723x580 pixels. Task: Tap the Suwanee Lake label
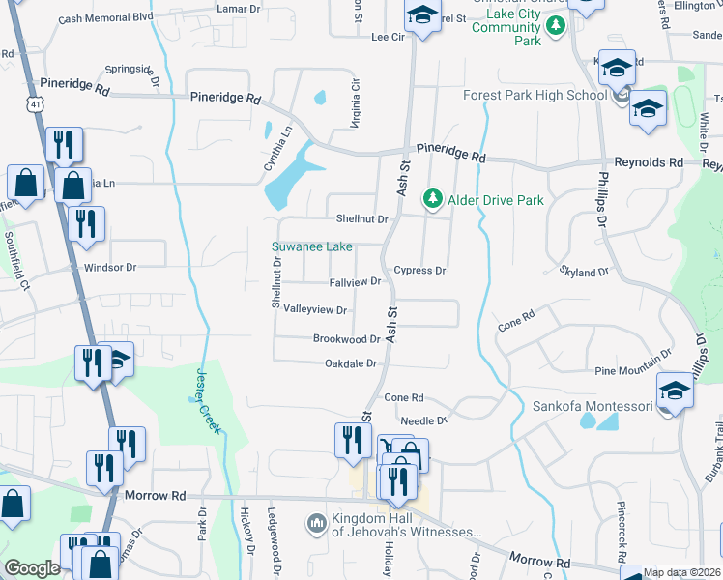[x=312, y=247]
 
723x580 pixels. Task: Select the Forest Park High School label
[x=535, y=95]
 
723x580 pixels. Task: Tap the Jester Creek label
[x=209, y=397]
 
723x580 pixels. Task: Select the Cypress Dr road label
[x=419, y=271]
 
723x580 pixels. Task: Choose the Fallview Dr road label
[x=355, y=282]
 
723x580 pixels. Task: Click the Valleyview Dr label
[x=315, y=310]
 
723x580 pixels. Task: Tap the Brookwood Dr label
[x=346, y=339]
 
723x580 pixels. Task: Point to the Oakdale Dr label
[x=350, y=363]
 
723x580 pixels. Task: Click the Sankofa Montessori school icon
[x=675, y=391]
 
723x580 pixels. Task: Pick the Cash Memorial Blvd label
[x=106, y=17]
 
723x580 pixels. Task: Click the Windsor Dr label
[x=111, y=267]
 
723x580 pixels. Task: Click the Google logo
[x=32, y=568]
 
